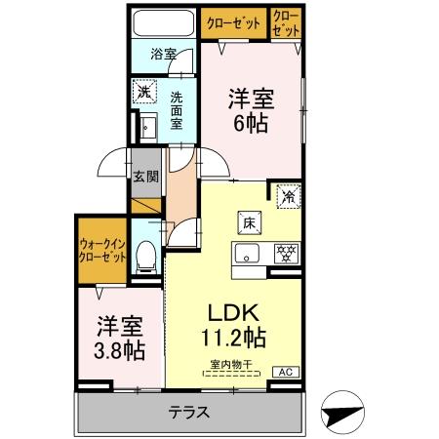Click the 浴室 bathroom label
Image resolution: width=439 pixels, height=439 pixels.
point(163,55)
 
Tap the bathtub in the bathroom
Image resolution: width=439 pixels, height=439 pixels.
point(164,23)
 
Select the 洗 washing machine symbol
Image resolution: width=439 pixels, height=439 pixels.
point(143,92)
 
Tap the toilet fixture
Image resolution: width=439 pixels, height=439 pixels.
point(146,256)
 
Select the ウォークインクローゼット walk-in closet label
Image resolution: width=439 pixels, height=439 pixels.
point(102,251)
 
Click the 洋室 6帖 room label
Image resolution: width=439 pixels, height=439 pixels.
point(250,110)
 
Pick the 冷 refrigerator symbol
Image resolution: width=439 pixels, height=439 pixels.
point(288,194)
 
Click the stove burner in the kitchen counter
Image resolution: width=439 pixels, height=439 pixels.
point(287,252)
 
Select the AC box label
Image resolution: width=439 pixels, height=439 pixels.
point(288,371)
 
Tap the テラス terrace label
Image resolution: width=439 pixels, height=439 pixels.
point(189,411)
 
